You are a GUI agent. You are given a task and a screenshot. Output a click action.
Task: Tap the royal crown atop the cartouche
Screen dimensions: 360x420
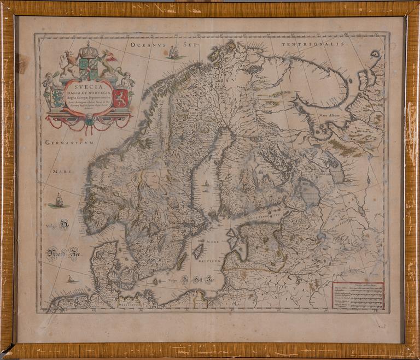coord(88,51)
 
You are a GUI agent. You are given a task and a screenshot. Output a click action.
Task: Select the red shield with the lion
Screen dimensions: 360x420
coord(121,98)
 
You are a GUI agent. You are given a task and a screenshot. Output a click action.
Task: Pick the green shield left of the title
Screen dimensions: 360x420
coord(57,98)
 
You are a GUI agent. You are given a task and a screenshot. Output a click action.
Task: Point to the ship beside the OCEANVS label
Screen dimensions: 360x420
coord(174,52)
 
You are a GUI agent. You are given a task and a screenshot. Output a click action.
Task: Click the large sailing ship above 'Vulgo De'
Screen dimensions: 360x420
coord(59,201)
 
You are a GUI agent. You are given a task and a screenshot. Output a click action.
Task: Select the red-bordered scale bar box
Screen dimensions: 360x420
coord(358,295)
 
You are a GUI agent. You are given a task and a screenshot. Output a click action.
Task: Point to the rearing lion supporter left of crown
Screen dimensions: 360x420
coord(69,63)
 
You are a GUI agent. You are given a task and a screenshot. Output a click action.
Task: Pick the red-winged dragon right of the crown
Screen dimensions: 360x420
coord(108,62)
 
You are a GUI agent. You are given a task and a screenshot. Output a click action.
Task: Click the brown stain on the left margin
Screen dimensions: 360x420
coord(21,63)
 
